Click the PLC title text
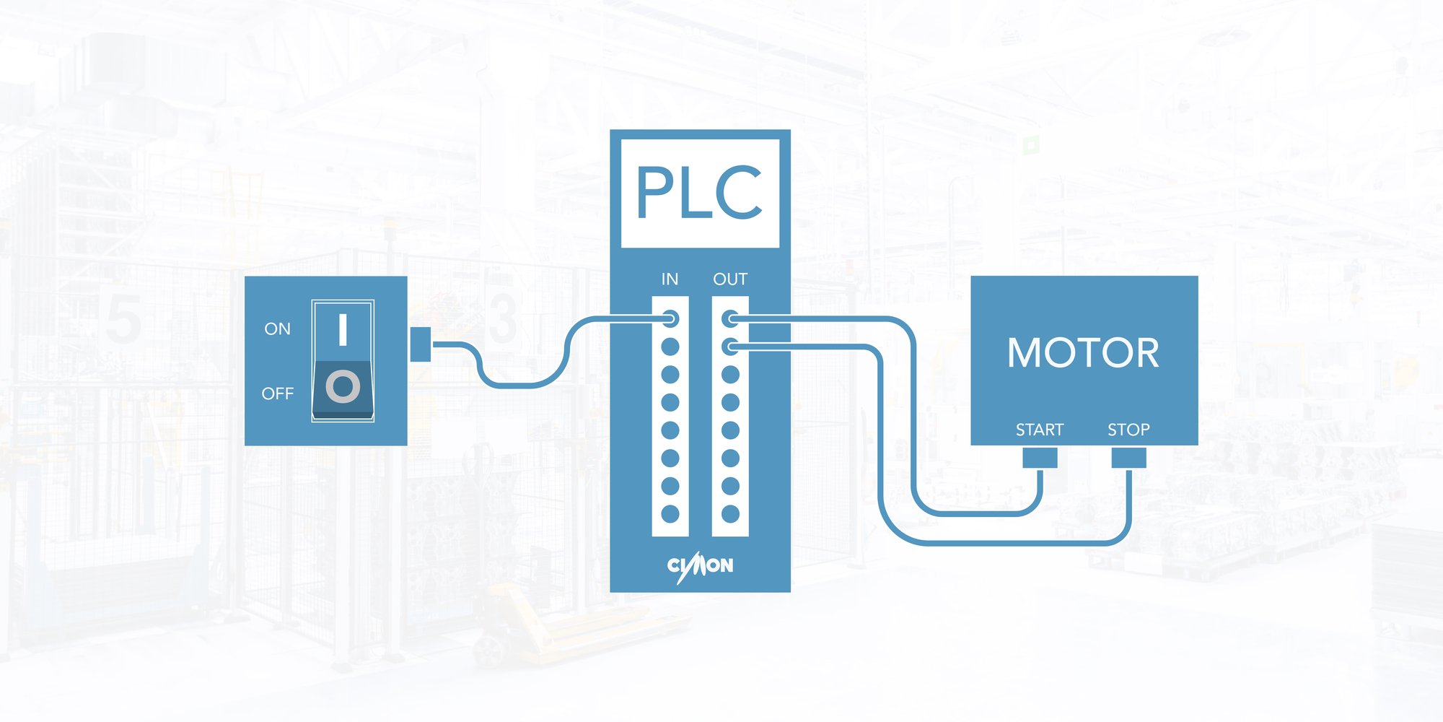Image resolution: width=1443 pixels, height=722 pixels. pos(699,193)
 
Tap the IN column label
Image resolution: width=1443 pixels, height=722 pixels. pos(670,279)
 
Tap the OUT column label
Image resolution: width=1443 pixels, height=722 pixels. pos(730,279)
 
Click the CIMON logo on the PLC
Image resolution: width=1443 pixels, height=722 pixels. pos(700,566)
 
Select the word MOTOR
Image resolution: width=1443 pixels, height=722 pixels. pos(1083,353)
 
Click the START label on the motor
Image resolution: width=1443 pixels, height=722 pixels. pos(1040,430)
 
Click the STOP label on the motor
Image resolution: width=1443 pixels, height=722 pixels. pos(1128,430)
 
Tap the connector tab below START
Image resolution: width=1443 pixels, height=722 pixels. pos(1040,458)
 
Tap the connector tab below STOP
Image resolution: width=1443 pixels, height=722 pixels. pos(1128,458)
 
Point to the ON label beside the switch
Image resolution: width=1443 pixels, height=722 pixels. pos(277,329)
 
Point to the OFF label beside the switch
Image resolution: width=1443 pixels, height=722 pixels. pos(277,394)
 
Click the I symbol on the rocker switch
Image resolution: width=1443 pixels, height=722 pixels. pos(343,329)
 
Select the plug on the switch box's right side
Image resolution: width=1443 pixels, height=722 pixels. pos(420,344)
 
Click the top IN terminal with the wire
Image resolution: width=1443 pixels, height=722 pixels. pos(670,318)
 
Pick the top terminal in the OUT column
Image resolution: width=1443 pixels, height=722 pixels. pos(730,318)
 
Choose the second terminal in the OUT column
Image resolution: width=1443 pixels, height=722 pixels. pos(730,347)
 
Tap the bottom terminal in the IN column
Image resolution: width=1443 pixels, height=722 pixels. pos(670,514)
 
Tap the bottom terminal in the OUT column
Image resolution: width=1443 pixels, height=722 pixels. pos(730,514)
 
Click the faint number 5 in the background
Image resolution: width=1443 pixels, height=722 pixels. pos(123,319)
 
